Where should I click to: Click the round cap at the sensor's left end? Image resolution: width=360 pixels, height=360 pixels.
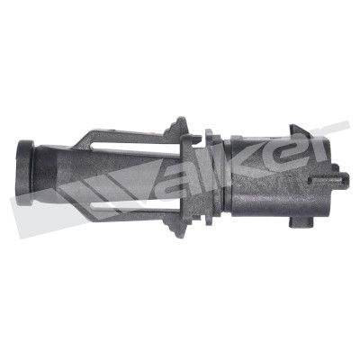pos(25,173)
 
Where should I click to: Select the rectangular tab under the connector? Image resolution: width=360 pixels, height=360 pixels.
pos(301,222)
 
